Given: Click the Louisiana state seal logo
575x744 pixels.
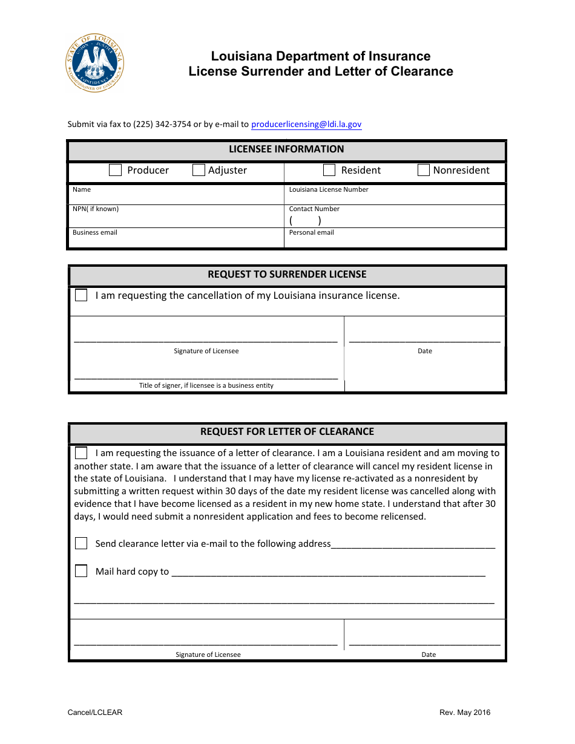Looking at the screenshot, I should pos(95,62).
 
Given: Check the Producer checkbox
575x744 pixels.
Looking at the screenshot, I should pos(116,170).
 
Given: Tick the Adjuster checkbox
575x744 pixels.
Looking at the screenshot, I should pos(199,170).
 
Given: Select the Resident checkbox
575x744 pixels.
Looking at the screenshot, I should pos(329,170).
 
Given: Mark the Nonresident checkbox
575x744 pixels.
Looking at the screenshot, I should pos(424,170).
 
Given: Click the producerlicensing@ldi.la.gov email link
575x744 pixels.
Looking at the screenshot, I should pos(306,124).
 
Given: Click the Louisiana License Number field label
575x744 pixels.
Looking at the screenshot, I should pos(329,189).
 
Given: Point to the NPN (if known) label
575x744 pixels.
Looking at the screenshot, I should pos(96,209).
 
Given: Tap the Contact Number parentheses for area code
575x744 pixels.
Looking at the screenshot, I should pos(305,221).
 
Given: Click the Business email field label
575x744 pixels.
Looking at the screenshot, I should pos(95,232).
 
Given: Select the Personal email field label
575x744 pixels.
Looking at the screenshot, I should pos(311,232).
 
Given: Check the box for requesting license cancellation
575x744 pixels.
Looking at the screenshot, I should pos(81,295).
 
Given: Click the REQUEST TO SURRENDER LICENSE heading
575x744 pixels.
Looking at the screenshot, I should pos(287,274).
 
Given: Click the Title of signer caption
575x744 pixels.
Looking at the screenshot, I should pos(206,385).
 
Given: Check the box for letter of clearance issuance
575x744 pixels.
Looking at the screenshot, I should pos(81,452).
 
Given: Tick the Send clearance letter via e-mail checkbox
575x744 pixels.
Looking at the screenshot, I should pos(81,543).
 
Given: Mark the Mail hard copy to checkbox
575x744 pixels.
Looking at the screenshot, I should pos(81,571).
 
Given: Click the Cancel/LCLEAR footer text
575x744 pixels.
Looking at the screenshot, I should pos(95,712).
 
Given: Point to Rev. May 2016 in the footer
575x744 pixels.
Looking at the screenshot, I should pos(465,712).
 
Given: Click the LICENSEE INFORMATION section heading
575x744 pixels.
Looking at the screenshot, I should pos(286,149).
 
